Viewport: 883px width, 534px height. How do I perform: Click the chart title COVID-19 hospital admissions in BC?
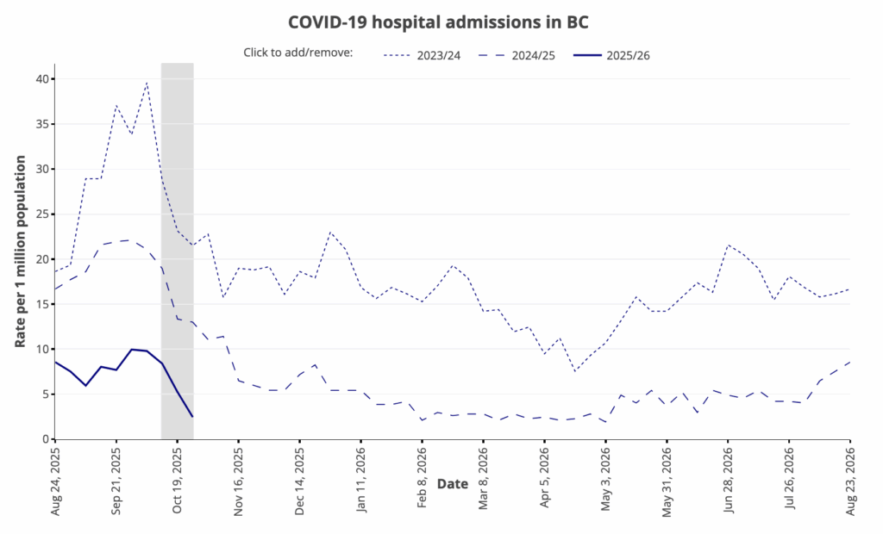pyautogui.click(x=439, y=20)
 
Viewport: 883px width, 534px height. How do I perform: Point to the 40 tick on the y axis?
pyautogui.click(x=41, y=79)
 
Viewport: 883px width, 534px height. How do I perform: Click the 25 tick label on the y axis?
pyautogui.click(x=41, y=214)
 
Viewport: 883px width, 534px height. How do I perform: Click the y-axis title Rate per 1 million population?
pyautogui.click(x=21, y=251)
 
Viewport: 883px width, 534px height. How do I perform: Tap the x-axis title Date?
pyautogui.click(x=453, y=484)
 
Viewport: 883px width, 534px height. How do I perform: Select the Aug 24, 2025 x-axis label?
pyautogui.click(x=55, y=482)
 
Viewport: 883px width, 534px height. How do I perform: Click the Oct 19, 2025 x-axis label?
pyautogui.click(x=178, y=482)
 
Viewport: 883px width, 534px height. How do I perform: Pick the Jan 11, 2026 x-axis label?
pyautogui.click(x=361, y=482)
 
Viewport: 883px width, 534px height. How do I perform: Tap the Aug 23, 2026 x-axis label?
pyautogui.click(x=851, y=482)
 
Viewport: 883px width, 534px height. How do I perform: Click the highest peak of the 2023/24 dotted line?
pyautogui.click(x=147, y=83)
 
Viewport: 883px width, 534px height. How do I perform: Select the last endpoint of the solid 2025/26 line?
pyautogui.click(x=192, y=417)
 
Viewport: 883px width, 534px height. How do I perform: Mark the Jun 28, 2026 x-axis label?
pyautogui.click(x=729, y=482)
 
